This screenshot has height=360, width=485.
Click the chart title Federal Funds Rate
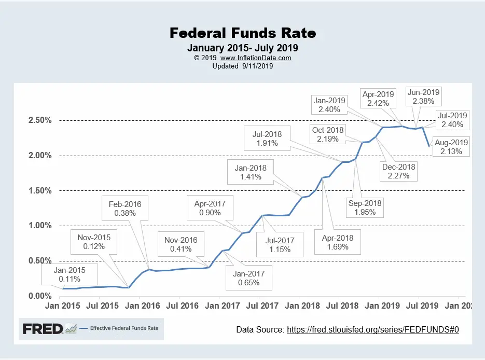click(x=243, y=34)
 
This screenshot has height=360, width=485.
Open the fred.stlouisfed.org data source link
click(x=373, y=329)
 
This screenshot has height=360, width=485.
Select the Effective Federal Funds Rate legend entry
click(x=123, y=328)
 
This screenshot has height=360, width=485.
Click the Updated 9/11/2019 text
click(x=243, y=66)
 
